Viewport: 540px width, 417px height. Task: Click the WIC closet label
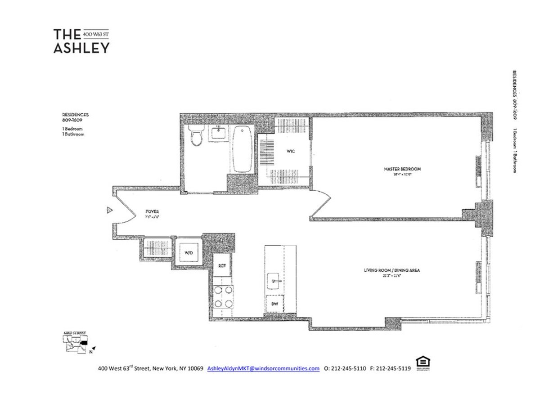pos(290,152)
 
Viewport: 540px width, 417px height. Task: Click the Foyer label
pos(151,211)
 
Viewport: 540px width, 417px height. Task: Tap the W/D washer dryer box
pos(188,253)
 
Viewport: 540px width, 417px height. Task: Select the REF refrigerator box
pos(222,265)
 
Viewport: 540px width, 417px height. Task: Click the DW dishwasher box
pos(274,305)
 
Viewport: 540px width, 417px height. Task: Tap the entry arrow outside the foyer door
pos(108,210)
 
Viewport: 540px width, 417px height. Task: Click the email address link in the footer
pos(263,368)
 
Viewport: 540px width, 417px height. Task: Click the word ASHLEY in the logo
pos(81,48)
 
